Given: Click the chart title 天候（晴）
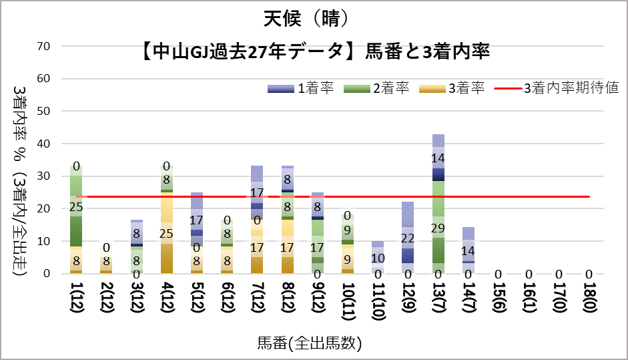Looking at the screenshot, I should point(313,18).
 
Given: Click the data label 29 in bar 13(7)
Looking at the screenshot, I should point(438,228).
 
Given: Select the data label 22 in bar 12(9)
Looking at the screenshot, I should point(408,238).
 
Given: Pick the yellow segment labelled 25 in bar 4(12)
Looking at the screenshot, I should point(168,233).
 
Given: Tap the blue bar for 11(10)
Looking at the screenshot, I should point(378,257).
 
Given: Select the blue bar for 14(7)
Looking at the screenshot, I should point(468,250).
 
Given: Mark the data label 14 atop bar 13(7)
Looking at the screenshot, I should point(438,158).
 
